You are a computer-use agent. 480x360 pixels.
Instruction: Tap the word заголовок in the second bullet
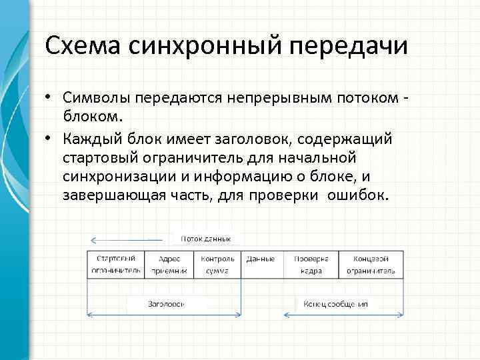pyautogui.click(x=257, y=139)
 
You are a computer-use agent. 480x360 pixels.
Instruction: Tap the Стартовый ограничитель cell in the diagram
pyautogui.click(x=116, y=265)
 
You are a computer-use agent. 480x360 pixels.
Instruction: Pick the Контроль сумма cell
pyautogui.click(x=217, y=265)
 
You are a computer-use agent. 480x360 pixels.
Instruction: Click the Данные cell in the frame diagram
pyautogui.click(x=260, y=259)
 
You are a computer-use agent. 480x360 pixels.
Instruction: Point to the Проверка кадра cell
pyautogui.click(x=311, y=265)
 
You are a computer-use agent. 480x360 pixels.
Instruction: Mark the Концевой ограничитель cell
pyautogui.click(x=370, y=265)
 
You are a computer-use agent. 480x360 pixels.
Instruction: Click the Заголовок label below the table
pyautogui.click(x=167, y=303)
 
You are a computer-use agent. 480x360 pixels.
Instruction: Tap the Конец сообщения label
pyautogui.click(x=336, y=303)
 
